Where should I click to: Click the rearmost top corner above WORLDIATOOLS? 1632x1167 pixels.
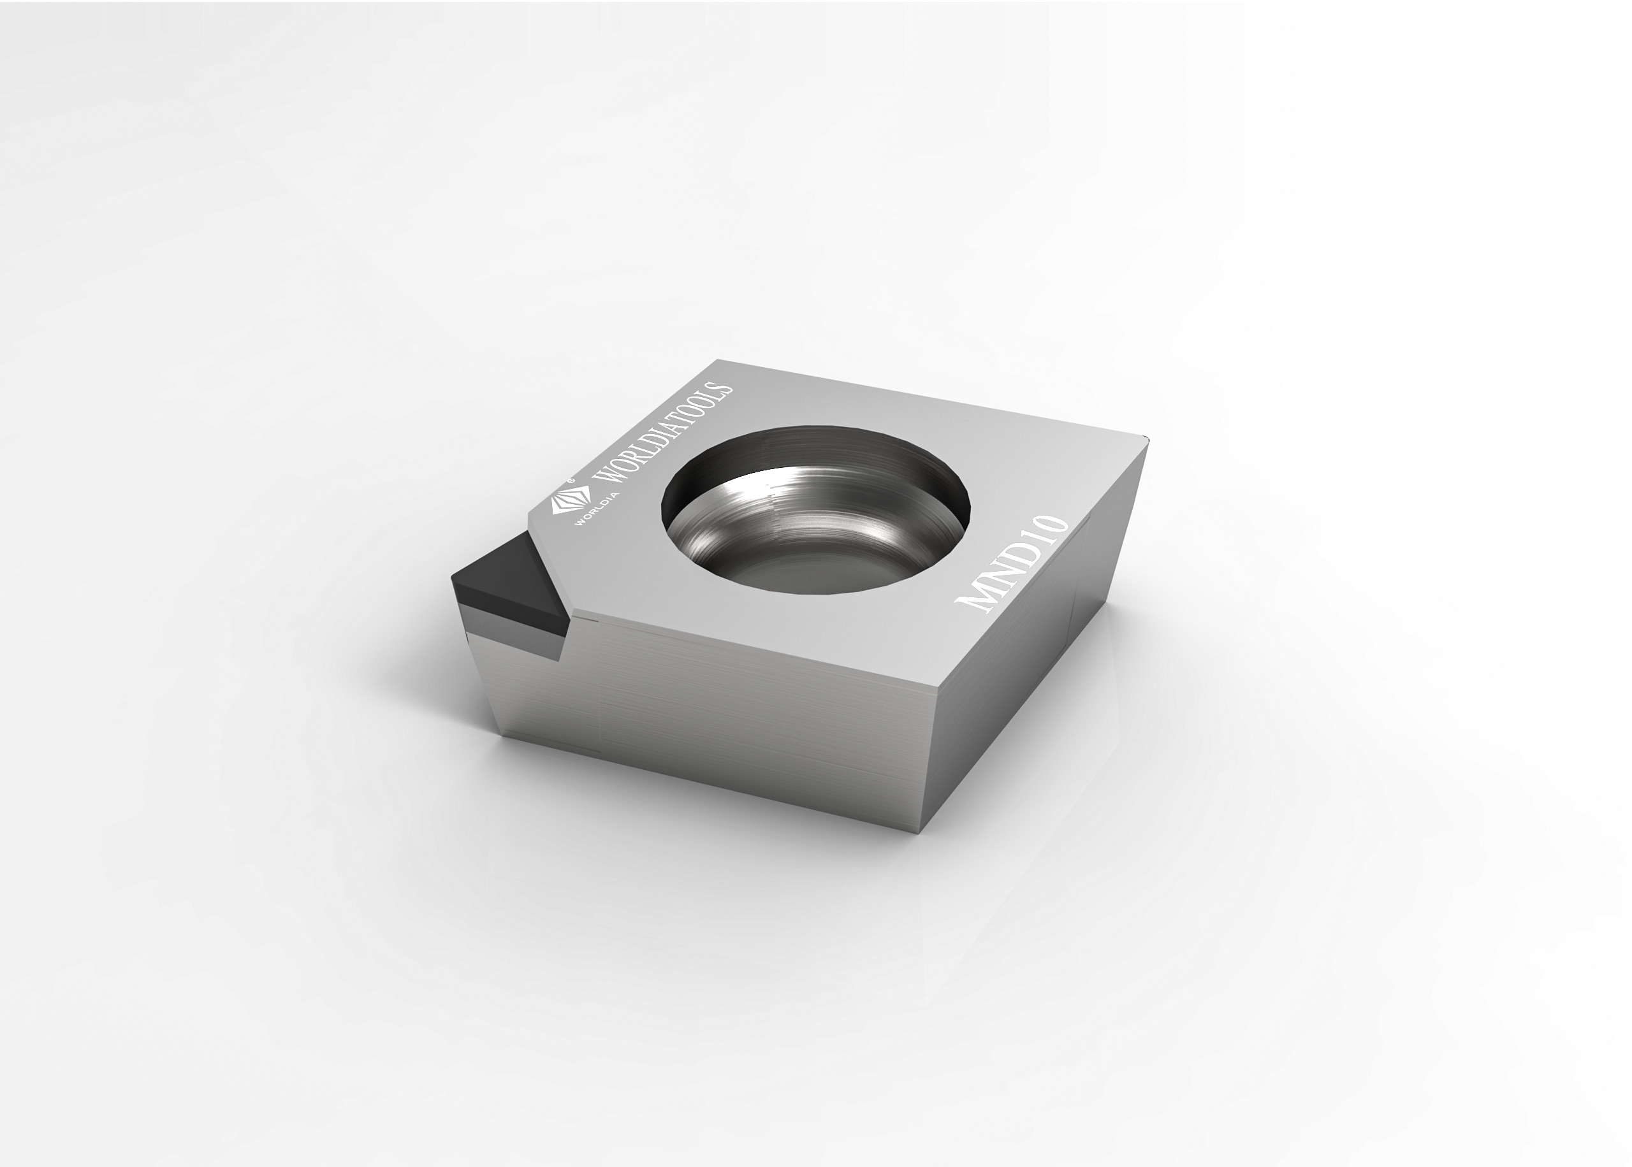[718, 361]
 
